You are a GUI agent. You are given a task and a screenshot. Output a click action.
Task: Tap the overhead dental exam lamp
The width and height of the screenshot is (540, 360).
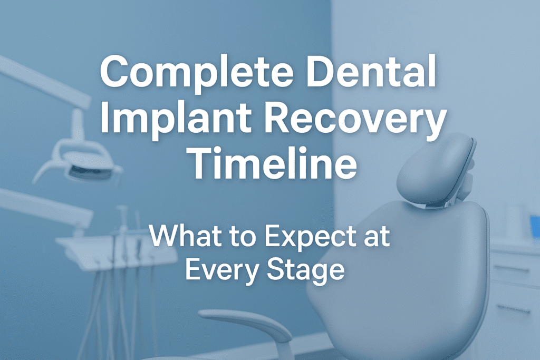(x=79, y=161)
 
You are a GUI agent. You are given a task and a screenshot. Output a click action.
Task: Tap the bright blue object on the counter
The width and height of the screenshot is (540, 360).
(x=535, y=226)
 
